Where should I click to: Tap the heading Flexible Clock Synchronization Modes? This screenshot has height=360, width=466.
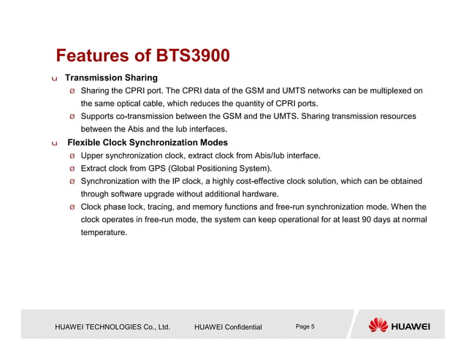pos(147,142)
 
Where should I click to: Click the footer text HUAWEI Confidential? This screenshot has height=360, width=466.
pos(228,327)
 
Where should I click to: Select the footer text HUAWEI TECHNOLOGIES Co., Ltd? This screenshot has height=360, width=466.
pos(112,327)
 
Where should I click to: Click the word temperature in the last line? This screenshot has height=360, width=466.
pos(104,232)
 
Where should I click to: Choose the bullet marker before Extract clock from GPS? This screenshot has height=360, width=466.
pos(71,169)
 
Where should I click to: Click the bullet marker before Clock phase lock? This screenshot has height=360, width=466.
pos(71,207)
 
